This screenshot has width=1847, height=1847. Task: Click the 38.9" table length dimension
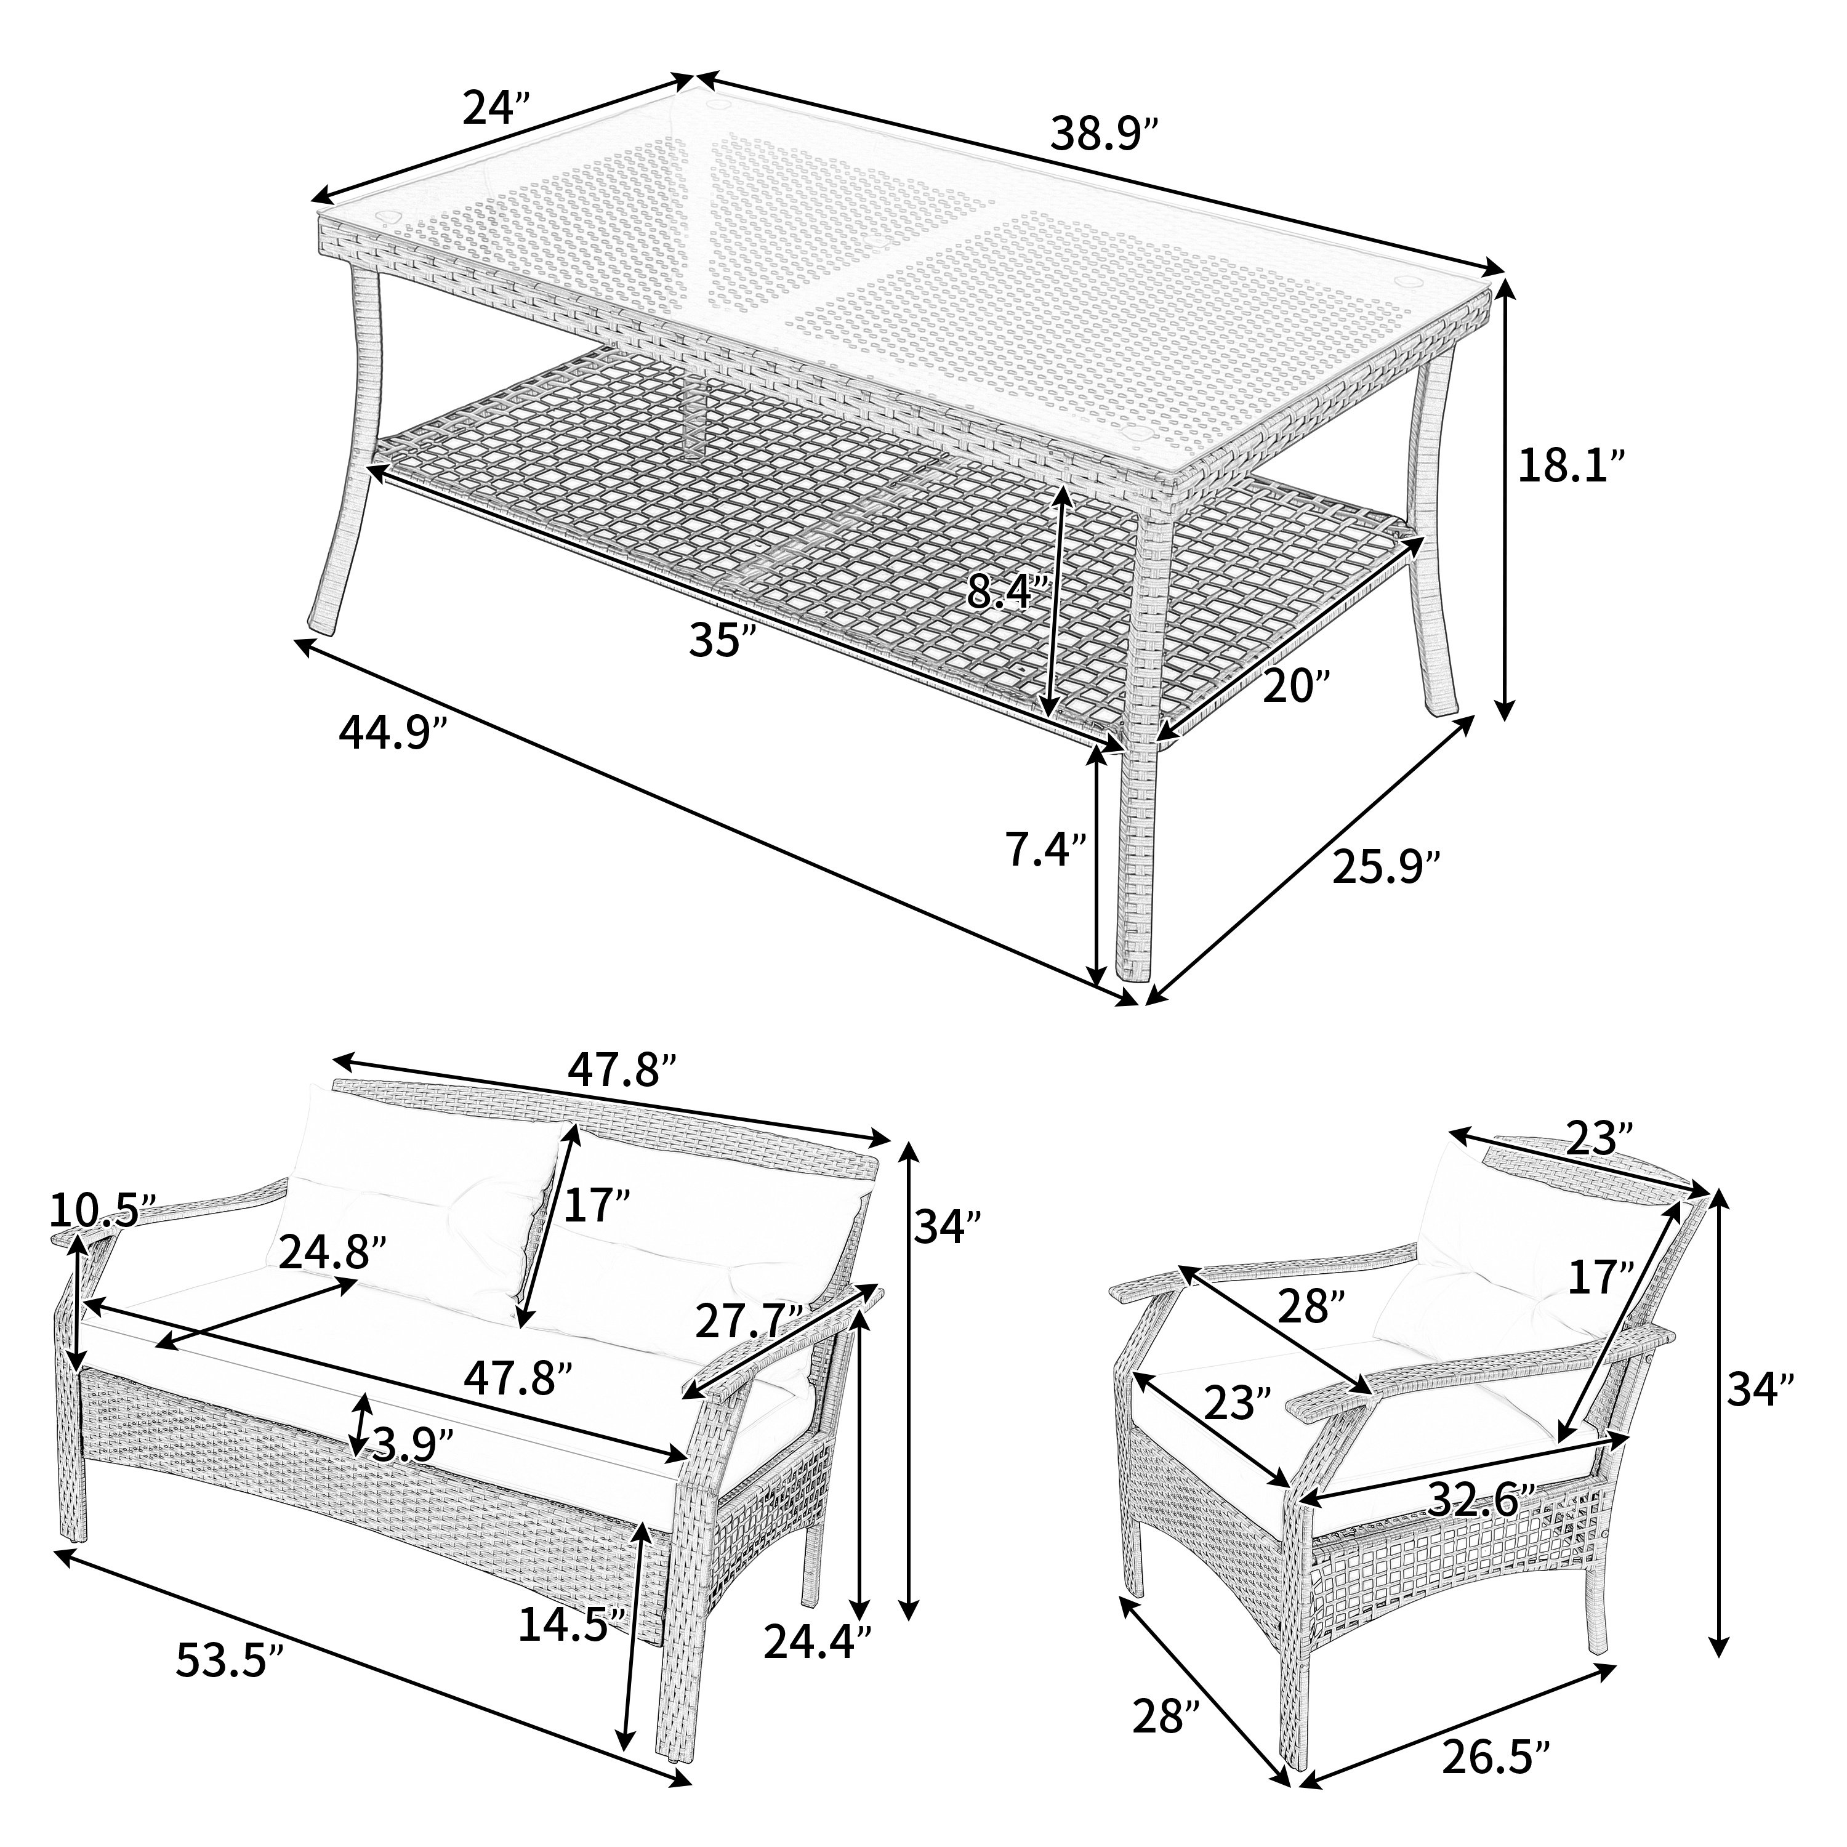pyautogui.click(x=1106, y=134)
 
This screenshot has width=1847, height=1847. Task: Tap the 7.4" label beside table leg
pyautogui.click(x=1045, y=850)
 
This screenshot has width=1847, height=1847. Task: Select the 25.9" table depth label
pyautogui.click(x=1387, y=868)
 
